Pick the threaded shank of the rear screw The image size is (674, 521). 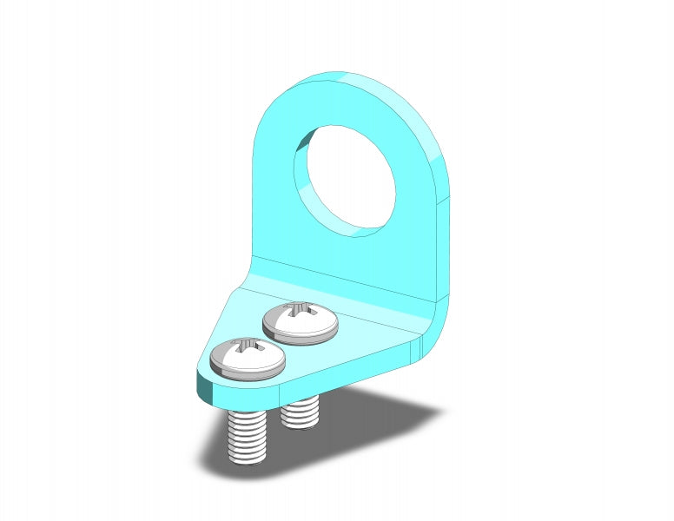coord(301,412)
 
